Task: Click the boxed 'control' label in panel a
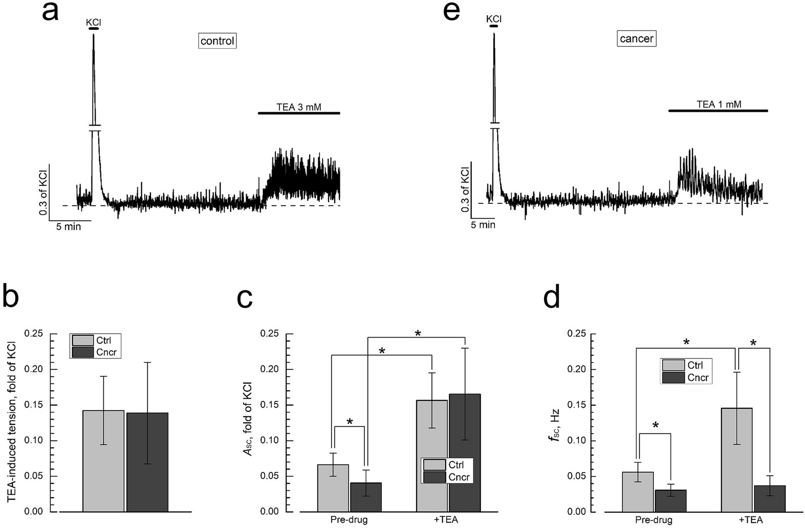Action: point(217,41)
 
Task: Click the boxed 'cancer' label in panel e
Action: point(636,39)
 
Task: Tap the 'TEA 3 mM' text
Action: point(299,107)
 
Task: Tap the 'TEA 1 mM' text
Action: point(719,105)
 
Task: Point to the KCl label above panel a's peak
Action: point(94,22)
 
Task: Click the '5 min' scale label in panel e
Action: point(483,225)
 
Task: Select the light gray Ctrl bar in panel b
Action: point(103,460)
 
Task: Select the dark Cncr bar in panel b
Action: point(147,462)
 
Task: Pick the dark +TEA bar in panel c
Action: point(465,452)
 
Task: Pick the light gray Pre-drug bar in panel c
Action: point(333,488)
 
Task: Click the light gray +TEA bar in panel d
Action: point(737,460)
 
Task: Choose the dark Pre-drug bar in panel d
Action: point(670,501)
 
